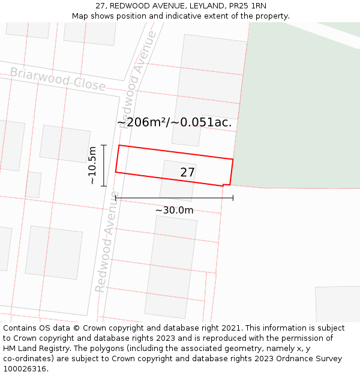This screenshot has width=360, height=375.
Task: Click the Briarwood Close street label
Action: pyautogui.click(x=58, y=79)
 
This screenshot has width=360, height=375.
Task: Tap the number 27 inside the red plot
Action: pyautogui.click(x=188, y=173)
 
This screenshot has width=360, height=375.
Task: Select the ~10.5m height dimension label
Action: pyautogui.click(x=92, y=165)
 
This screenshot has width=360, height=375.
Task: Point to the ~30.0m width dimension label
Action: pyautogui.click(x=174, y=210)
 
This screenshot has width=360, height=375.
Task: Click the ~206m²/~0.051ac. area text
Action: pyautogui.click(x=174, y=123)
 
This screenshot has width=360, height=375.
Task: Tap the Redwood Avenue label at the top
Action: pyautogui.click(x=139, y=74)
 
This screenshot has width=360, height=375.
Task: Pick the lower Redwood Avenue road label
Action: pyautogui.click(x=107, y=250)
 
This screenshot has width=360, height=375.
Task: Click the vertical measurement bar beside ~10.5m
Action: pyautogui.click(x=104, y=165)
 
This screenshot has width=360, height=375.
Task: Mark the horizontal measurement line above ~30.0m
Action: pyautogui.click(x=174, y=197)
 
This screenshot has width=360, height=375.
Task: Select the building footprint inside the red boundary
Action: pyautogui.click(x=178, y=180)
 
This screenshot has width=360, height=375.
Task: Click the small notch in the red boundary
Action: pyautogui.click(x=226, y=185)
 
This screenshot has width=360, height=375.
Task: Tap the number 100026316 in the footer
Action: pyautogui.click(x=23, y=369)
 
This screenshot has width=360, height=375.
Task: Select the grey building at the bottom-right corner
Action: pyautogui.click(x=337, y=304)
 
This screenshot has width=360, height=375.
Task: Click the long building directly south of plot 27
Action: pyautogui.click(x=170, y=266)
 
